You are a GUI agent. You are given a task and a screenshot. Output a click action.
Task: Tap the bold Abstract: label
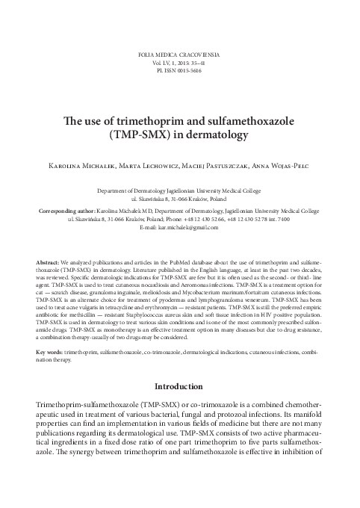click(x=49, y=244)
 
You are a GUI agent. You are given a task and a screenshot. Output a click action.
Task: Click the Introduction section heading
click(x=179, y=388)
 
